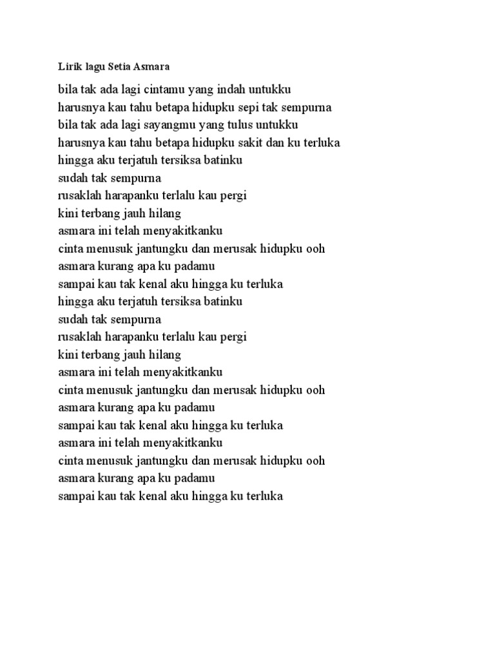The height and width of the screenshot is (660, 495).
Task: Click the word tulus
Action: [x=247, y=124]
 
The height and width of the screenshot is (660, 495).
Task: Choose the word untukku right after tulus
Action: [x=282, y=124]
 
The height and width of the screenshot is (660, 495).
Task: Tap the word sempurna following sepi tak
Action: [x=306, y=107]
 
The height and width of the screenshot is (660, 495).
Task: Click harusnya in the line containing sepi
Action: [x=82, y=107]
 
